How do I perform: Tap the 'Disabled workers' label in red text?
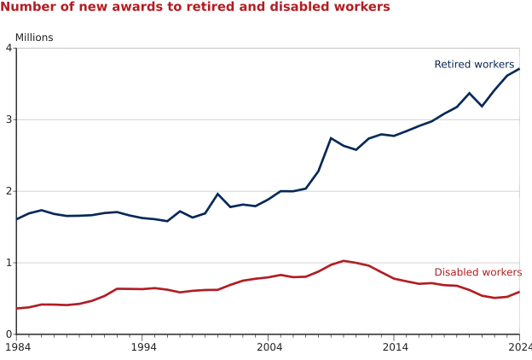click(478, 272)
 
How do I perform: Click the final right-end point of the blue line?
click(518, 67)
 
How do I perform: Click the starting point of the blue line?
click(18, 220)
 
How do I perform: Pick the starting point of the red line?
click(18, 309)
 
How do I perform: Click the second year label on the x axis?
click(143, 348)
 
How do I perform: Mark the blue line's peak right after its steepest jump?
click(334, 138)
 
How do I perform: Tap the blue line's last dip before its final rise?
click(483, 105)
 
